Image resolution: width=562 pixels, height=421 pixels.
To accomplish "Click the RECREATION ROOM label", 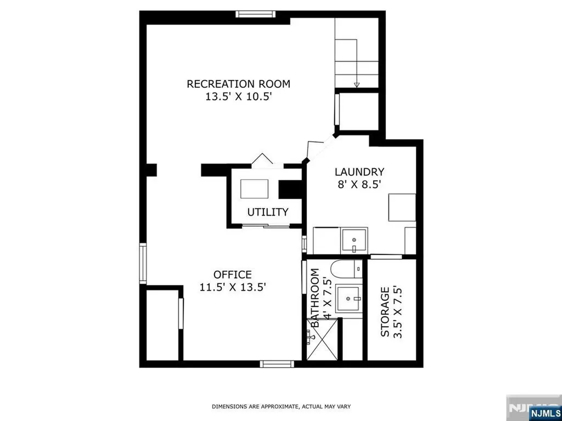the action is [x=238, y=84].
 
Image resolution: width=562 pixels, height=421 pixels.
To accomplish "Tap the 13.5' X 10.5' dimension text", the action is [x=237, y=96].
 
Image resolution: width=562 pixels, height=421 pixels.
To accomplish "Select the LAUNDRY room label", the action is [x=359, y=172].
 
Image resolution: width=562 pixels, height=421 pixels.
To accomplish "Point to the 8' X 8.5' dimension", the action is [x=358, y=185].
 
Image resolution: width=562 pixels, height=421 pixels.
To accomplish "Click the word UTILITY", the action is [x=268, y=212].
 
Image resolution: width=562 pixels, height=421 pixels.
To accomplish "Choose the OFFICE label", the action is [x=233, y=275].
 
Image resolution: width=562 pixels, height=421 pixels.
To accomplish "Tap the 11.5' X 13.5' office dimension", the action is [x=233, y=287].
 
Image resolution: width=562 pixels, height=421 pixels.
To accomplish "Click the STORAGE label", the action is [x=385, y=312].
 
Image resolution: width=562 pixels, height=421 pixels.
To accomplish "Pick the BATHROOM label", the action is [x=314, y=298].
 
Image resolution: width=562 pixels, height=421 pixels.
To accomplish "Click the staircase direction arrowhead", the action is [x=357, y=85].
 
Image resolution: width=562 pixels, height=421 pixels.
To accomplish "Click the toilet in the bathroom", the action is [x=346, y=268].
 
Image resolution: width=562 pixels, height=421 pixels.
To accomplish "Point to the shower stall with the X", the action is [x=322, y=339].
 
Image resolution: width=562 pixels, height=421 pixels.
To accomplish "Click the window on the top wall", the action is [x=256, y=14].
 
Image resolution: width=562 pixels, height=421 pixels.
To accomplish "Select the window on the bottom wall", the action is [x=277, y=364].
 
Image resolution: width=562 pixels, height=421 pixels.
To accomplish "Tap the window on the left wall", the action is [x=143, y=264].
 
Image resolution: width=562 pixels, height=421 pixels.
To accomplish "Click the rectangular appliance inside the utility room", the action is [x=255, y=189].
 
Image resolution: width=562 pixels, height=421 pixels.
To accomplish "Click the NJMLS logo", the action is [x=542, y=412].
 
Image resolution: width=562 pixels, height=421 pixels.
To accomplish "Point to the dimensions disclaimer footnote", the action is [x=282, y=407].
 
